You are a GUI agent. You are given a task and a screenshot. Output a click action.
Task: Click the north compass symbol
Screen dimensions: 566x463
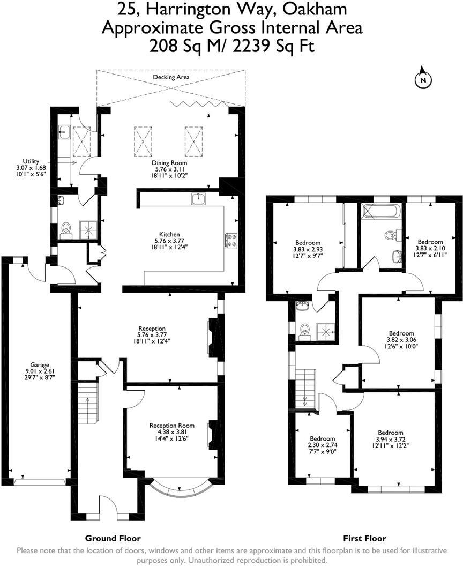(423, 79)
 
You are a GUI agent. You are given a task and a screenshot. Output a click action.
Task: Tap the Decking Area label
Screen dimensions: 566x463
(171, 77)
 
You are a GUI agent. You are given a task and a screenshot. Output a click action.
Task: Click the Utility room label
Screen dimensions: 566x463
(31, 161)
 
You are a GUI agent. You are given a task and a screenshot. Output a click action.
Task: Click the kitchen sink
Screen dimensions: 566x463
(199, 198)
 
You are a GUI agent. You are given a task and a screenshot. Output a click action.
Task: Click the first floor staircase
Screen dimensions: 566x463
(304, 389)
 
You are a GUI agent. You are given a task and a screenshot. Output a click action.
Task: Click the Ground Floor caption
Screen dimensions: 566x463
(113, 538)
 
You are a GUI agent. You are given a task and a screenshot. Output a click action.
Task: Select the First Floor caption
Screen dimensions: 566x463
(364, 538)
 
